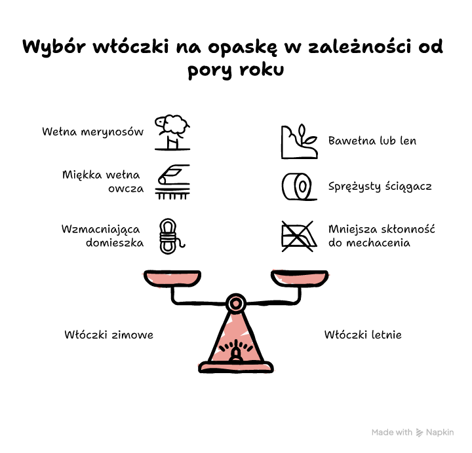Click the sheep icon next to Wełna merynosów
click(x=172, y=132)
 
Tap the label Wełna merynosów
click(x=92, y=132)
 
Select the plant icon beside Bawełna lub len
click(x=299, y=141)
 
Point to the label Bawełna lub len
click(x=372, y=141)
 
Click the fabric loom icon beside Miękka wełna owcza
click(x=172, y=182)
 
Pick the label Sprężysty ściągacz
click(x=380, y=187)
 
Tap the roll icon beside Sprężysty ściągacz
click(x=299, y=187)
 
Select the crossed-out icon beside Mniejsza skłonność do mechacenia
click(x=299, y=236)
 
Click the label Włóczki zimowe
click(x=109, y=335)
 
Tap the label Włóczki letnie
click(x=363, y=335)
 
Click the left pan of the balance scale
click(x=172, y=278)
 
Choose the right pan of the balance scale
click(x=300, y=278)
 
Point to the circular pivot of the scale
click(x=236, y=304)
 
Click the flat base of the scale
click(x=236, y=367)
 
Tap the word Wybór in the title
click(x=54, y=47)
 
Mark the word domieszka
click(x=115, y=242)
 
